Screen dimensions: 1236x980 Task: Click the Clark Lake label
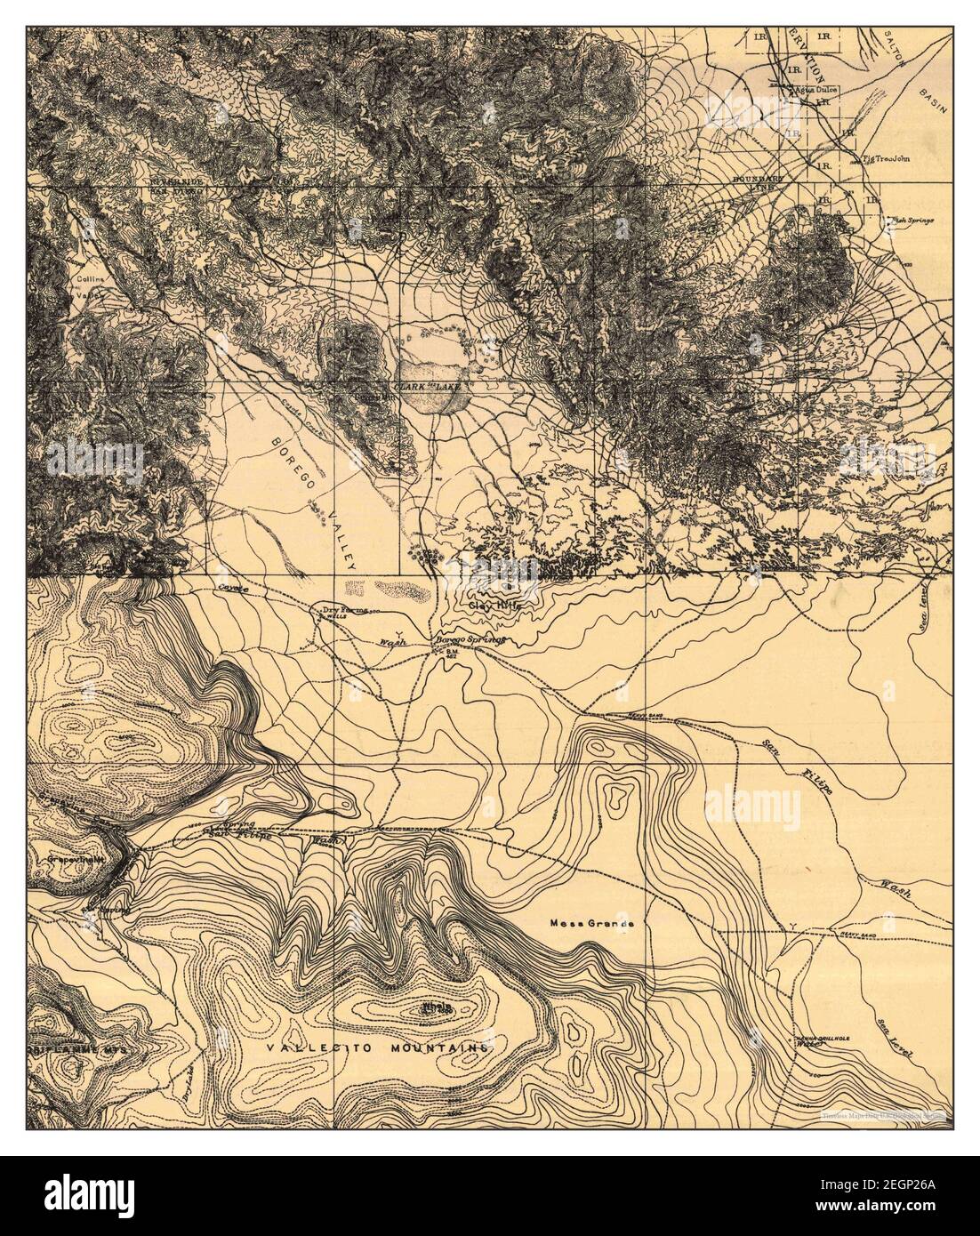[424, 389]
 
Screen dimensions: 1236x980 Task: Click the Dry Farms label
[344, 610]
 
